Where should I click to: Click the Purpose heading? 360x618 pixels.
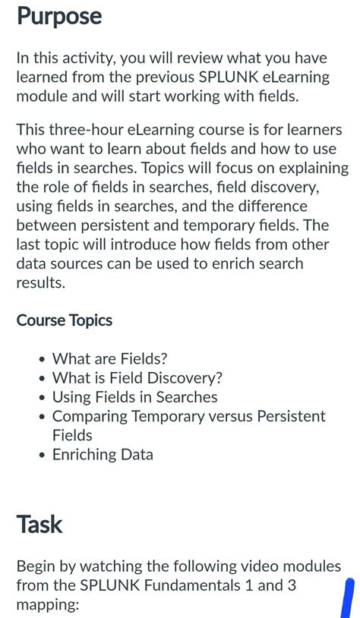pyautogui.click(x=59, y=17)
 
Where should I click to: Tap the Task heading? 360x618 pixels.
pyautogui.click(x=39, y=524)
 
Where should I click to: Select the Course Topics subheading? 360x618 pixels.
pyautogui.click(x=65, y=320)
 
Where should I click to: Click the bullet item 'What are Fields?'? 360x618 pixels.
pyautogui.click(x=109, y=359)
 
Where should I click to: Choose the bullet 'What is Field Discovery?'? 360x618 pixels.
pyautogui.click(x=137, y=378)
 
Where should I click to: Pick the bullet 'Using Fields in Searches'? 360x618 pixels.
pyautogui.click(x=134, y=397)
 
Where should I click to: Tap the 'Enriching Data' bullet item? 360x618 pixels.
pyautogui.click(x=103, y=455)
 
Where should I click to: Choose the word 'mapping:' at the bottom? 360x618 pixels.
pyautogui.click(x=47, y=605)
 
